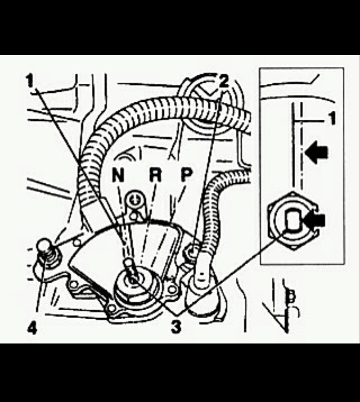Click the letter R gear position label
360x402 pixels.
tap(154, 175)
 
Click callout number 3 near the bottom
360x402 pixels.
tap(176, 328)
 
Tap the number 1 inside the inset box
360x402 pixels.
tap(332, 119)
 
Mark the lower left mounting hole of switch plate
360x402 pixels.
tap(75, 286)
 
